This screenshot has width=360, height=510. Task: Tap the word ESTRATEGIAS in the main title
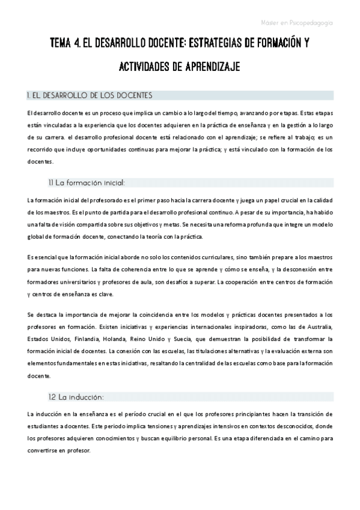pyautogui.click(x=214, y=44)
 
